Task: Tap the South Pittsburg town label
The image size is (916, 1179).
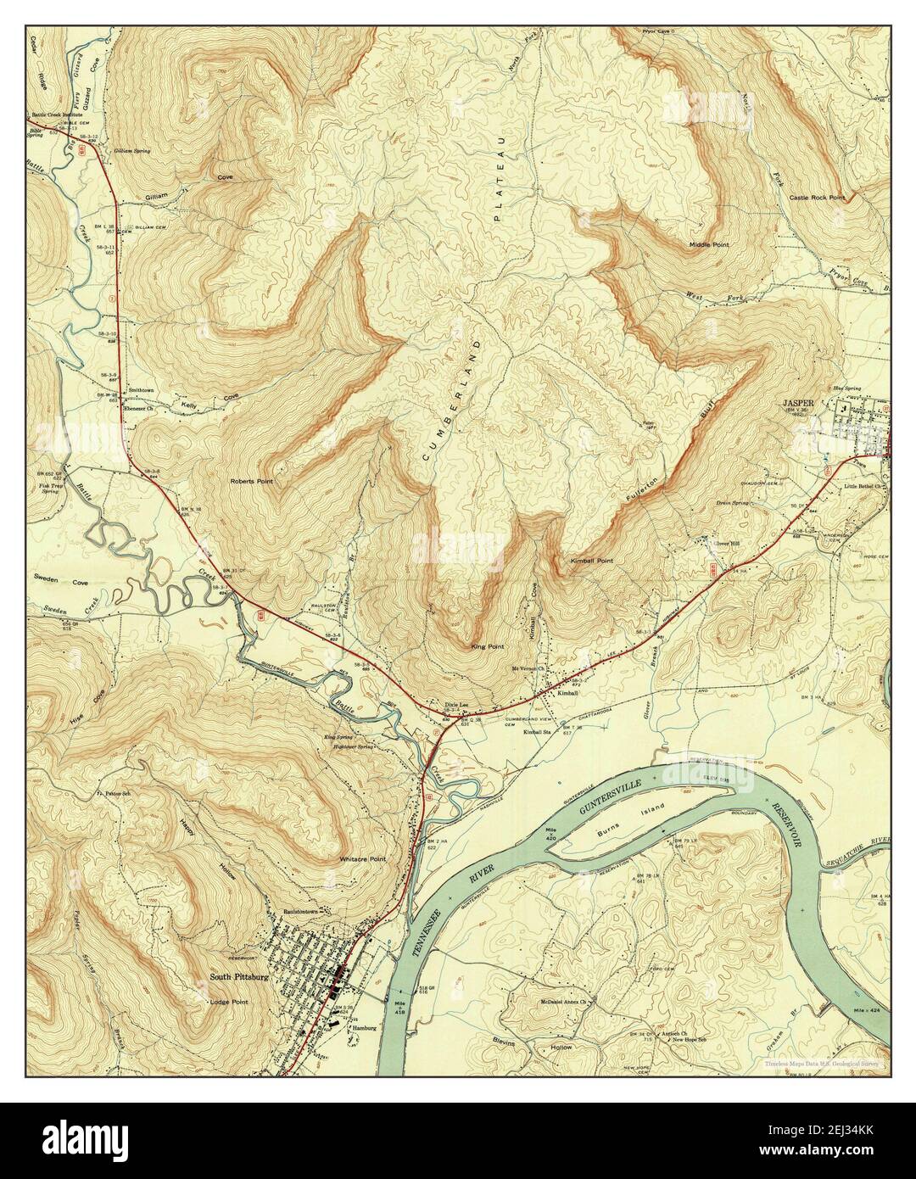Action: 239,977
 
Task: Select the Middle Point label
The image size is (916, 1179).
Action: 708,244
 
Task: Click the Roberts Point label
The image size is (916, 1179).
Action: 253,480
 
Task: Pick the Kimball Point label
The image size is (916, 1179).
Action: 592,562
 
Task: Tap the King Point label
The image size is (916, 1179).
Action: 487,646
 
